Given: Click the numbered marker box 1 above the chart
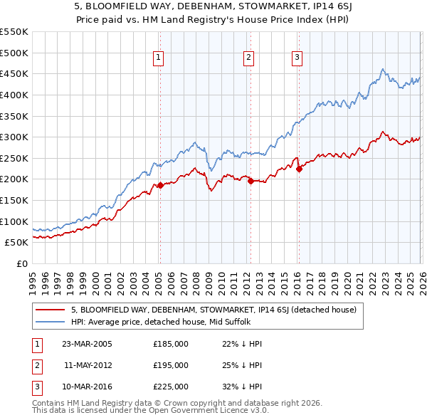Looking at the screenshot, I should coord(158,58).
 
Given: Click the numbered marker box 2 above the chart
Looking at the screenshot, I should coord(248,58).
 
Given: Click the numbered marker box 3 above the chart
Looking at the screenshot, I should coord(297,58).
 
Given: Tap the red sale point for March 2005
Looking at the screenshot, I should coord(160,185).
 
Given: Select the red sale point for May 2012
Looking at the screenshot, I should coord(251,181).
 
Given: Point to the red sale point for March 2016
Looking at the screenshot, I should coord(299,169).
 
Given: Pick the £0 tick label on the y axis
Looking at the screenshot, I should coord(23,263).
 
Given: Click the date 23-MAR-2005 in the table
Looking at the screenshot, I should coord(87,344).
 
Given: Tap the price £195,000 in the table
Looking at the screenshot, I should coord(171,365).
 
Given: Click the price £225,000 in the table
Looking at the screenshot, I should coord(171,387).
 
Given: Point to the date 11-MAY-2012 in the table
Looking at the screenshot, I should coord(87,365).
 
